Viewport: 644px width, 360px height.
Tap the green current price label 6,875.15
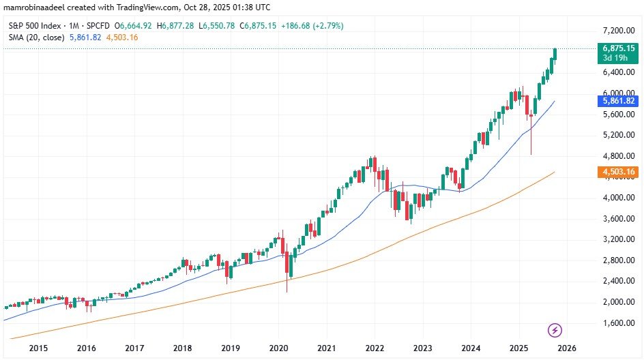[619, 48]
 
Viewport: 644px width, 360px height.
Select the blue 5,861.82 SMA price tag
[619, 101]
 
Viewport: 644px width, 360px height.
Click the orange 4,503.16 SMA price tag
[619, 172]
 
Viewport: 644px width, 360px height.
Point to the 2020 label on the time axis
[279, 348]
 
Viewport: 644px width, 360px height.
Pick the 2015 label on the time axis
[38, 348]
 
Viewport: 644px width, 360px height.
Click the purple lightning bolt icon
[555, 330]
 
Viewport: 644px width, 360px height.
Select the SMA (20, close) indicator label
[34, 37]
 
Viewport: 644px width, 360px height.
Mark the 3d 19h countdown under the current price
[619, 58]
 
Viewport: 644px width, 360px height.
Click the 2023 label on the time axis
[424, 348]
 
